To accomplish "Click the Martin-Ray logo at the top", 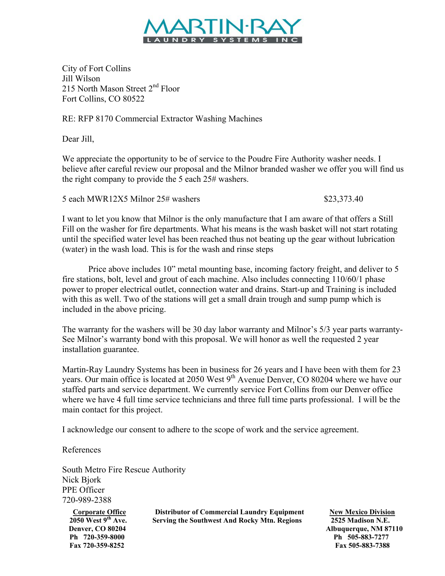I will tap(222, 30).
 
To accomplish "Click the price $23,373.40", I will tap(343, 199).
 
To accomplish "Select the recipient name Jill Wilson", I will tap(81, 79).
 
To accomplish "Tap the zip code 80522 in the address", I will tap(133, 99).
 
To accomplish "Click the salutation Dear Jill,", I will tap(78, 139).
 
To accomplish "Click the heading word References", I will tap(81, 450).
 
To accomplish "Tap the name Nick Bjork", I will tap(81, 480).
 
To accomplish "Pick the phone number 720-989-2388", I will tap(87, 500).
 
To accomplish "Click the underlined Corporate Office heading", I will tap(99, 512).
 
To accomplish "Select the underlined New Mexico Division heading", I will tap(362, 512).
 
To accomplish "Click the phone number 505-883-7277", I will tap(368, 537).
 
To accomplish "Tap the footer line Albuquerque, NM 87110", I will tap(364, 529).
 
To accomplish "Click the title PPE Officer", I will tap(83, 490).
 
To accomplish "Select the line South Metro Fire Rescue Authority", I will tap(124, 470).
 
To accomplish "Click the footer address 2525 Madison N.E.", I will tap(360, 521).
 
